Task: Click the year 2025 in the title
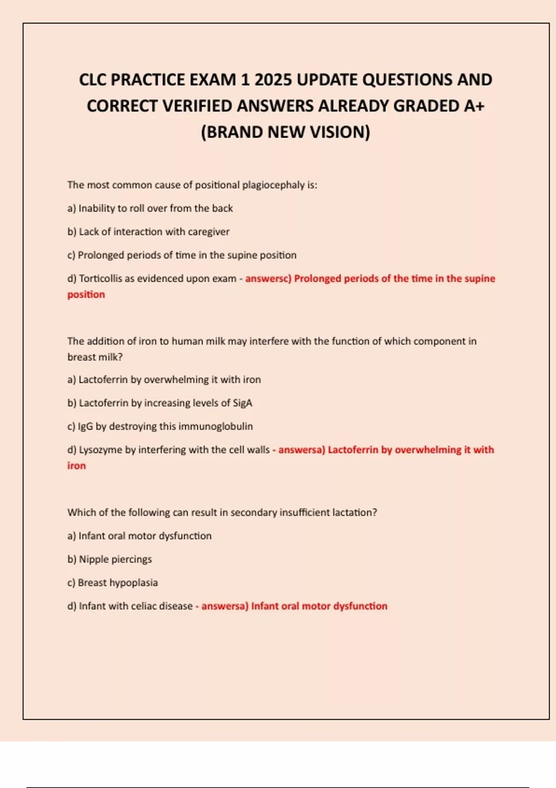273,80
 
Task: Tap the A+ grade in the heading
474,106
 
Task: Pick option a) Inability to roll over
150,209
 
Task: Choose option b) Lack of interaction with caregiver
148,232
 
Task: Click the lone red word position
86,294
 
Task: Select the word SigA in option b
242,403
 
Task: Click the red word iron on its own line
76,466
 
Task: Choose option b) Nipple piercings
109,559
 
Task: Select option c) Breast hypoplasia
113,583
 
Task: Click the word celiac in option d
144,606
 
